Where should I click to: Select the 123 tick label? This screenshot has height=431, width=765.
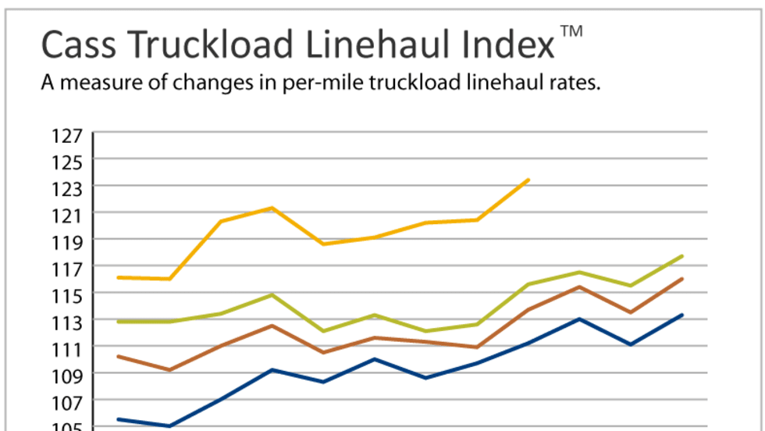68,187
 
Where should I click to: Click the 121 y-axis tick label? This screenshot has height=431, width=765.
68,214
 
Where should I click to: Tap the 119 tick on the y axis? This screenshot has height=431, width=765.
68,240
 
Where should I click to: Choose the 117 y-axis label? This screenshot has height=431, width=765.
68,268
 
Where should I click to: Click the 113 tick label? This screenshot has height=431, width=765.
68,321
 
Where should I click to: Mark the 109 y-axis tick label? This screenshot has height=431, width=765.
68,374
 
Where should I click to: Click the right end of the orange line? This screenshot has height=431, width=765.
528,180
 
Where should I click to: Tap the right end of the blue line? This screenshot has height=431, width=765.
683,315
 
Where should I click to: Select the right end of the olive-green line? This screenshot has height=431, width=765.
683,256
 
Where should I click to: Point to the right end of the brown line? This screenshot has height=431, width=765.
683,279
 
